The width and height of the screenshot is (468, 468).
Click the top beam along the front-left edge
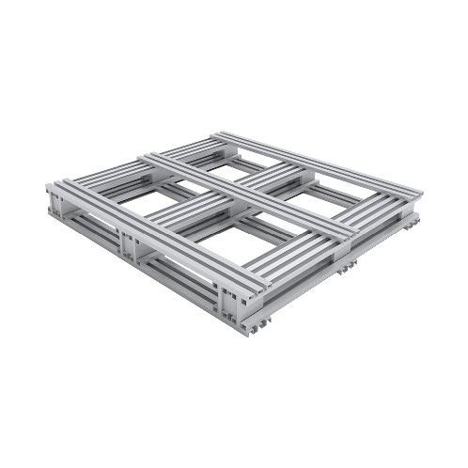pyautogui.click(x=141, y=226)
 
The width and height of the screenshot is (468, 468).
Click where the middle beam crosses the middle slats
pyautogui.click(x=248, y=194)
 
